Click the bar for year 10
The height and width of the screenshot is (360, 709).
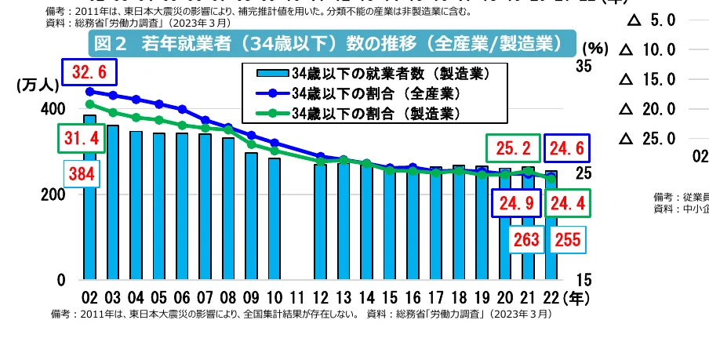(275, 219)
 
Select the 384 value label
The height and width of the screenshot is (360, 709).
(81, 173)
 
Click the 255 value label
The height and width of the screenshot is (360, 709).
(562, 240)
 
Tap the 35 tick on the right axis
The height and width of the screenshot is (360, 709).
(584, 67)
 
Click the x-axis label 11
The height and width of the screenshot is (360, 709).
(297, 298)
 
